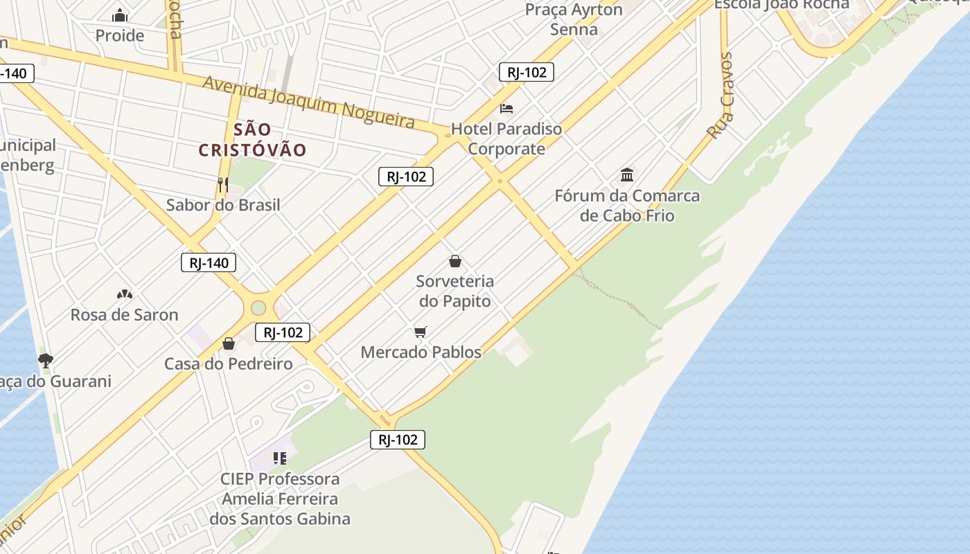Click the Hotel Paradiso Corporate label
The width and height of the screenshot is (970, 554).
point(506,138)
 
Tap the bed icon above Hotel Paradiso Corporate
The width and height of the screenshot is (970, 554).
point(506,109)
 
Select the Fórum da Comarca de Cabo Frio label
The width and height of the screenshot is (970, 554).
point(627,206)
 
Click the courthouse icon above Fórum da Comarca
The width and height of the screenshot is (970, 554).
point(627,174)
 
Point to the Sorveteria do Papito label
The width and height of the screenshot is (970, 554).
point(455,291)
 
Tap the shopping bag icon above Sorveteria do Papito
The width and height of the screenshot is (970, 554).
point(455,261)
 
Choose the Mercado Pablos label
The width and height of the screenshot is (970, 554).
point(421,352)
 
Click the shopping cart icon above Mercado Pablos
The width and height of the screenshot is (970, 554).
point(421,332)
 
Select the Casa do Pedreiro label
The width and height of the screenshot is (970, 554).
point(228,364)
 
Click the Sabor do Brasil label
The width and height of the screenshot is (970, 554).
point(223,205)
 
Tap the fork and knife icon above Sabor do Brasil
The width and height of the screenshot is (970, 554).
point(223,184)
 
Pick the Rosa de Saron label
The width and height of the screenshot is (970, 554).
point(125,314)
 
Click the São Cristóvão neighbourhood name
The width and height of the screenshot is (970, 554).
point(252,140)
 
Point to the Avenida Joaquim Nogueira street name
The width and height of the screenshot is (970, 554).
point(309,103)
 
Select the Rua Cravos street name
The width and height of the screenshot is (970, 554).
point(721,95)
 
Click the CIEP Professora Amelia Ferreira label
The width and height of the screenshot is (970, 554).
point(280,499)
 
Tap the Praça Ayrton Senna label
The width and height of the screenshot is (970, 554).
point(574,19)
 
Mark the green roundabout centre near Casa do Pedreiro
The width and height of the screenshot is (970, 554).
point(258,307)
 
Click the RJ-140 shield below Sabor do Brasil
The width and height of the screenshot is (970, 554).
point(209,262)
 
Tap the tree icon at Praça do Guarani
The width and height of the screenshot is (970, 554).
point(46,360)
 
